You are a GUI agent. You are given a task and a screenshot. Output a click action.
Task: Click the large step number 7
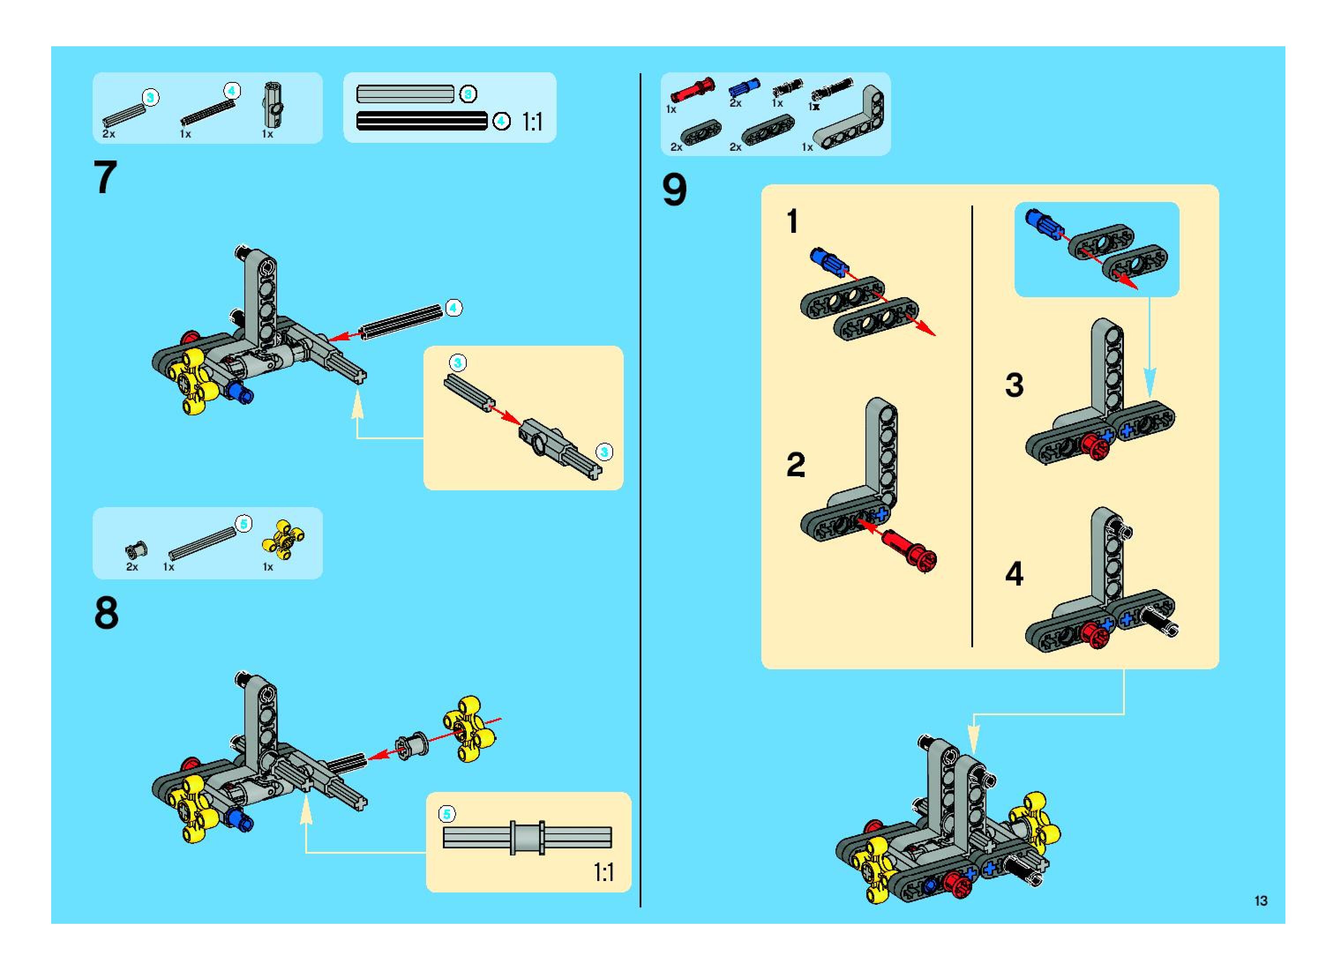click(x=105, y=178)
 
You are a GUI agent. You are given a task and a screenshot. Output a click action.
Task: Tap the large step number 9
click(x=674, y=190)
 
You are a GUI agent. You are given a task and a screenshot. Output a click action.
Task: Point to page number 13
click(x=1260, y=900)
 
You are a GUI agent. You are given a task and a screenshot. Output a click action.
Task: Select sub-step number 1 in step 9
click(x=792, y=222)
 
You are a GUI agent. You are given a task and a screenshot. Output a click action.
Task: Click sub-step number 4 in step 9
click(x=1014, y=574)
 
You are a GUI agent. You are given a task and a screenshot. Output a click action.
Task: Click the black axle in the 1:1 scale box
click(x=421, y=121)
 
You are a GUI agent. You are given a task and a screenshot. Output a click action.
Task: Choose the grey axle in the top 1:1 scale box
click(x=405, y=94)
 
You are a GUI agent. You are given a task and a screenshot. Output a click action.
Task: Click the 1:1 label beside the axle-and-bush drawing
click(x=603, y=872)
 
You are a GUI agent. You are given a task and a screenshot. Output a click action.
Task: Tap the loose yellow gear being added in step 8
click(x=469, y=728)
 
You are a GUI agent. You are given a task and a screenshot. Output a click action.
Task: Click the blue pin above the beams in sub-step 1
click(x=826, y=261)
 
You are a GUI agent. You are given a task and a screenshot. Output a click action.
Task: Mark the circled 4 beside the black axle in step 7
click(x=454, y=308)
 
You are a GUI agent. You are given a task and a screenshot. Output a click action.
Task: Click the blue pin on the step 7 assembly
click(x=240, y=392)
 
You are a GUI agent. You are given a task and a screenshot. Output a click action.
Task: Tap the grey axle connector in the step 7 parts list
click(x=273, y=105)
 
